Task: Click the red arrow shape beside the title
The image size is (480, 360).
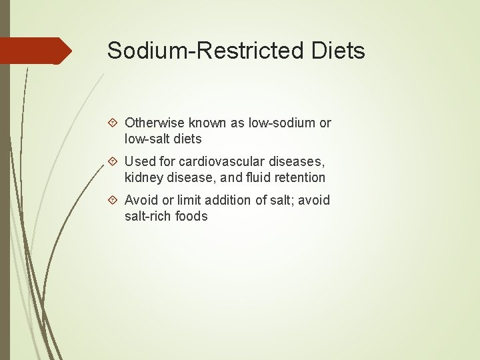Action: coord(36,51)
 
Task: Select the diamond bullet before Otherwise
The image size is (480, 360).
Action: coord(113,123)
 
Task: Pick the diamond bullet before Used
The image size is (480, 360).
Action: coord(113,162)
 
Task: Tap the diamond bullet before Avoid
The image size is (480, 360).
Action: coord(113,201)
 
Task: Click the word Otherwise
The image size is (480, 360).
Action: coord(154,123)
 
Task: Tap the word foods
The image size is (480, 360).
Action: coord(193,217)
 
